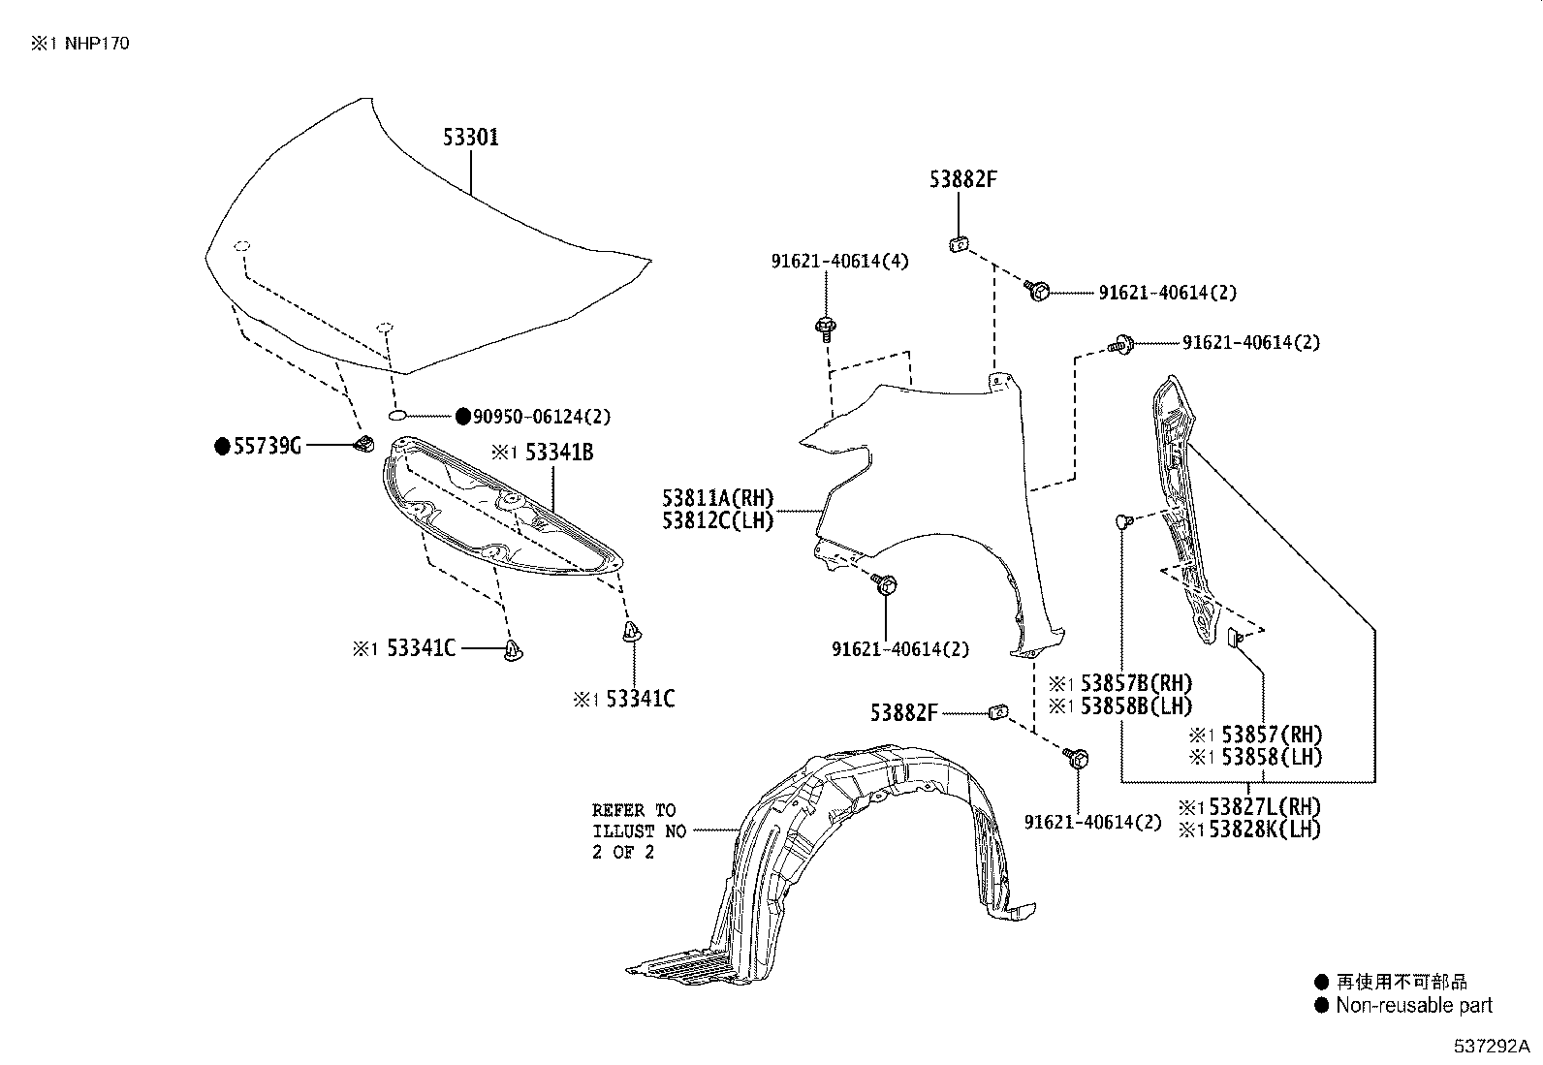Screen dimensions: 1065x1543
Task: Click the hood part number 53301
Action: coord(471,138)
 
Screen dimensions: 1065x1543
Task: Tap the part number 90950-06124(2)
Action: coord(541,417)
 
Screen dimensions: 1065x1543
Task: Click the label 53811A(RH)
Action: coord(718,499)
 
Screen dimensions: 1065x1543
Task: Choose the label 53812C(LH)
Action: coord(718,521)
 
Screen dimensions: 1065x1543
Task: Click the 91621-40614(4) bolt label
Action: coord(840,262)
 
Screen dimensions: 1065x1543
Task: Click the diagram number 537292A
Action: coord(1490,1047)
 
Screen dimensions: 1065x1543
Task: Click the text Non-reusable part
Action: coord(1413,1006)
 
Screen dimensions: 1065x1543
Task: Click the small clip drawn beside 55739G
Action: coord(365,444)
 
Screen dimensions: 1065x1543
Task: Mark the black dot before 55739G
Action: coord(222,446)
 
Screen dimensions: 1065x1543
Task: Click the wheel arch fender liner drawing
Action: coord(853,853)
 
